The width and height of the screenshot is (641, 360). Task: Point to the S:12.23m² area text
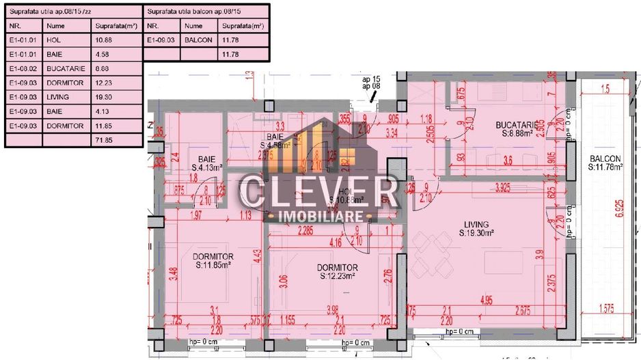(348, 276)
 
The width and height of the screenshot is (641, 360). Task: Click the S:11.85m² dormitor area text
(213, 265)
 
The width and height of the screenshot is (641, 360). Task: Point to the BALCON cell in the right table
(197, 40)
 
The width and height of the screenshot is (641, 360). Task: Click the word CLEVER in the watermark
(320, 191)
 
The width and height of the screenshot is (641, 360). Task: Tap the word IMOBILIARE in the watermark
(319, 217)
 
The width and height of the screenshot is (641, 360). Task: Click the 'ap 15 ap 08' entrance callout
(370, 83)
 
